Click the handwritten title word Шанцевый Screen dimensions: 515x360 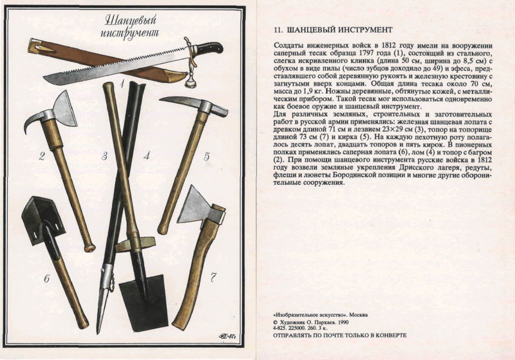click(131, 21)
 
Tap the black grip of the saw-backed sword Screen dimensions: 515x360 click(211, 48)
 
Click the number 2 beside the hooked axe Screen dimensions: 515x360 click(42, 156)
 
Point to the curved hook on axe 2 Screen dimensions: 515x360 click(33, 122)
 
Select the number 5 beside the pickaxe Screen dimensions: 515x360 click(206, 156)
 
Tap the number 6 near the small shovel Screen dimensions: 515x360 click(46, 279)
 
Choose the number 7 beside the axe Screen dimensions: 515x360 click(213, 279)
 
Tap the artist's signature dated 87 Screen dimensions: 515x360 click(228, 336)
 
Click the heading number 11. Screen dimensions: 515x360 click(278, 30)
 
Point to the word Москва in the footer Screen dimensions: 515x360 click(359, 315)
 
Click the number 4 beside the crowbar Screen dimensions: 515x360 click(147, 155)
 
